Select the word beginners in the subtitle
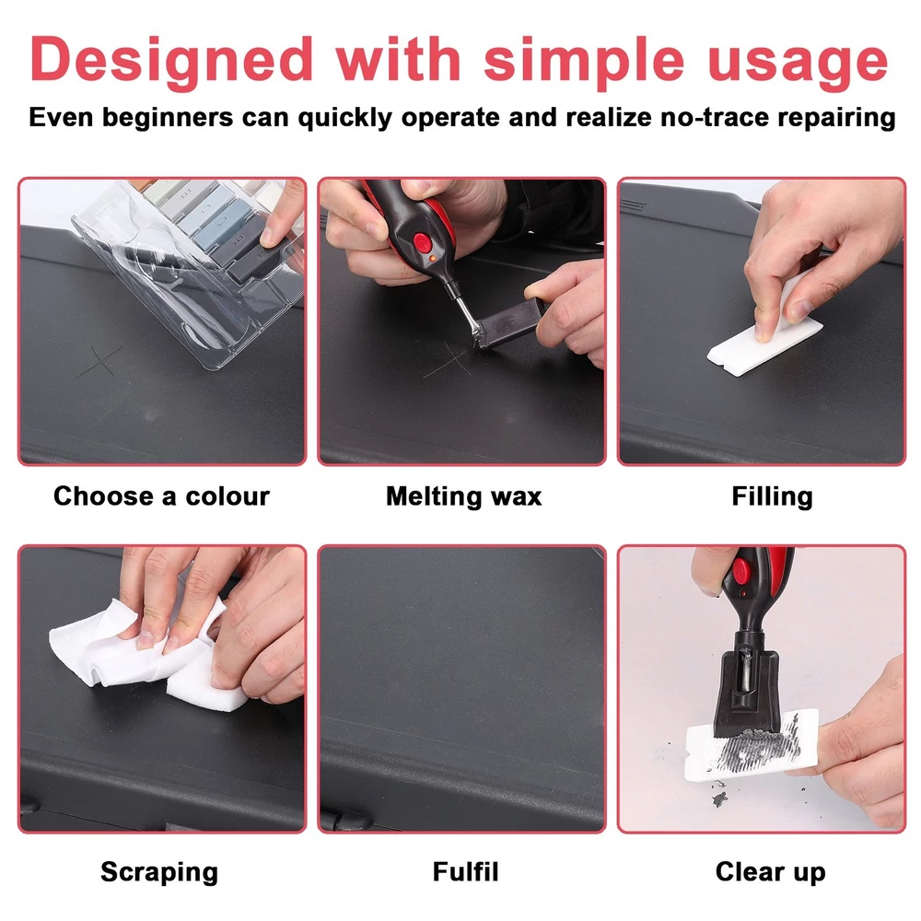click(x=168, y=118)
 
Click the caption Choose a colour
click(x=161, y=496)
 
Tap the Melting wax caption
click(x=463, y=497)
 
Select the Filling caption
click(x=772, y=497)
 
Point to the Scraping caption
click(x=159, y=871)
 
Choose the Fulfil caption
click(x=465, y=871)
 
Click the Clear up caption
click(x=770, y=871)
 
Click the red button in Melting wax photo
click(x=421, y=242)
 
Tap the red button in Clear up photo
click(x=740, y=569)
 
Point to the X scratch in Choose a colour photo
click(x=99, y=361)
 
